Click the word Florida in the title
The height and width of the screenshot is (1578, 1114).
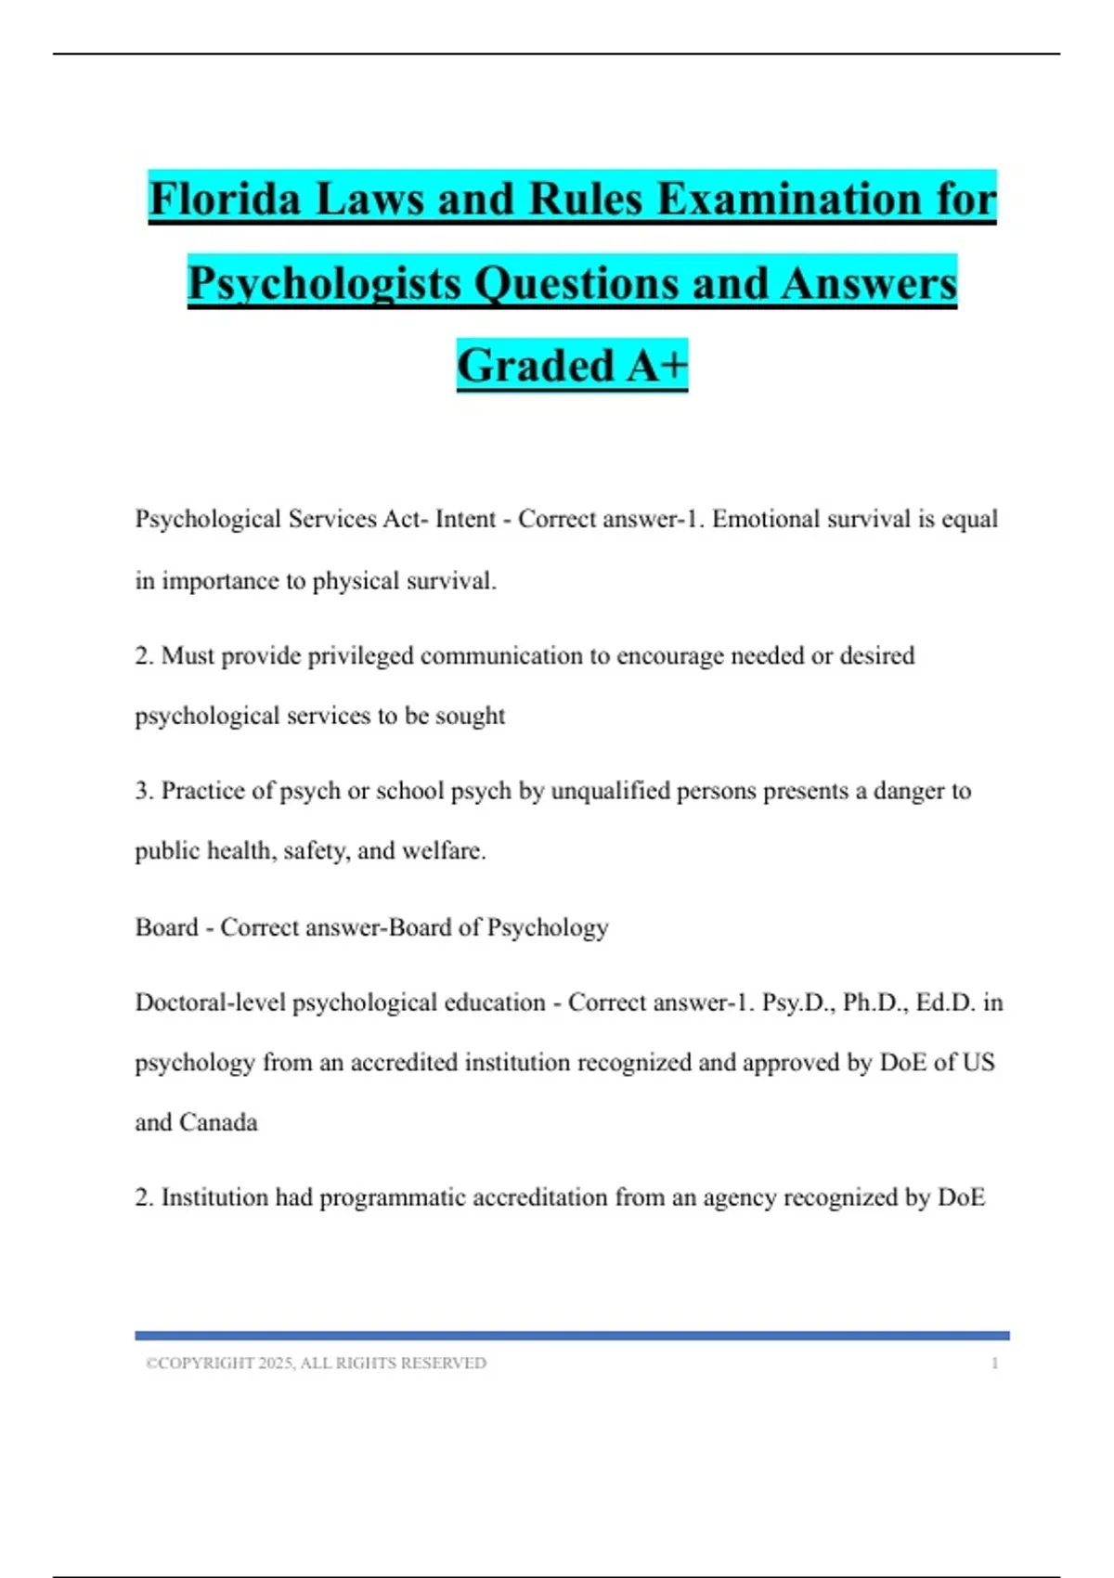(x=226, y=199)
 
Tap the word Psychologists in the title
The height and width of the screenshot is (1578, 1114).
(x=324, y=283)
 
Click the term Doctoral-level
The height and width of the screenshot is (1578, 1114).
(x=210, y=1002)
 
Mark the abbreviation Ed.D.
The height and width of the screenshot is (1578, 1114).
(x=945, y=1002)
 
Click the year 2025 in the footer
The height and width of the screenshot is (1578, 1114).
(x=276, y=1363)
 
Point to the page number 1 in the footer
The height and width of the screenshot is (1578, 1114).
(x=994, y=1363)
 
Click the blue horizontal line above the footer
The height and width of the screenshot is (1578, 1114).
(x=572, y=1336)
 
